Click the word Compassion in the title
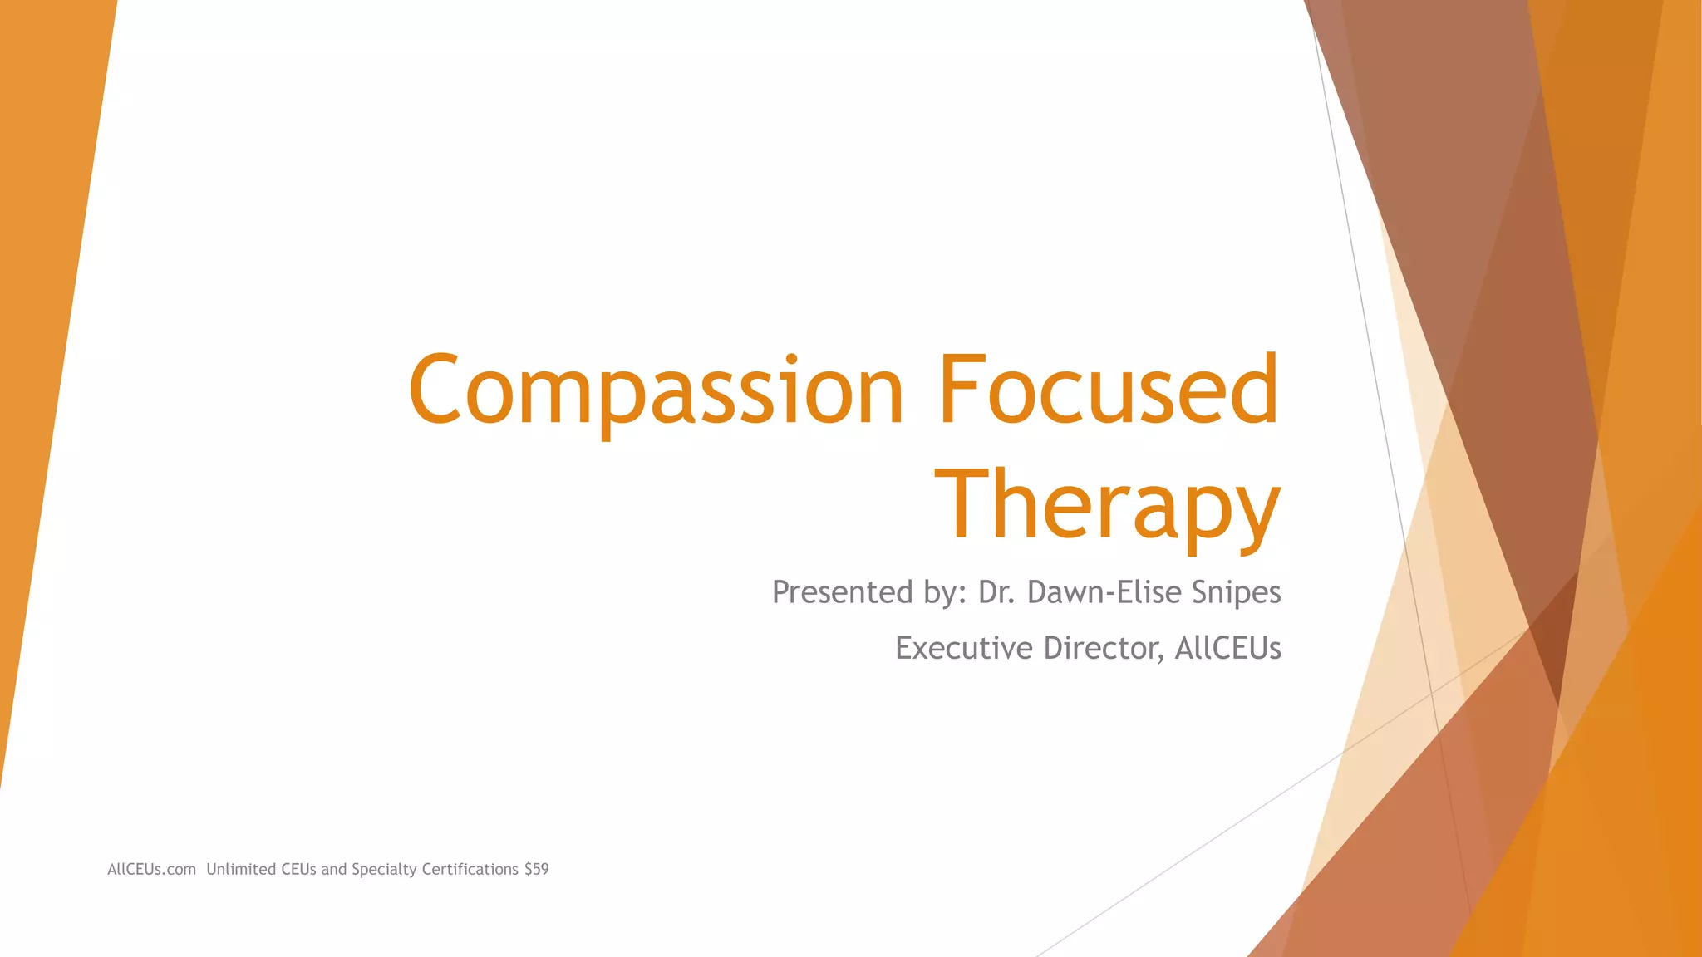tap(656, 390)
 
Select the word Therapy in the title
tap(1109, 505)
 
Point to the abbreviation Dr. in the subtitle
tap(996, 592)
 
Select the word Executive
tap(963, 648)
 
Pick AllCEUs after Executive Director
tap(1227, 648)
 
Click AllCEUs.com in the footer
tap(151, 870)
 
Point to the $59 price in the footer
tap(537, 870)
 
